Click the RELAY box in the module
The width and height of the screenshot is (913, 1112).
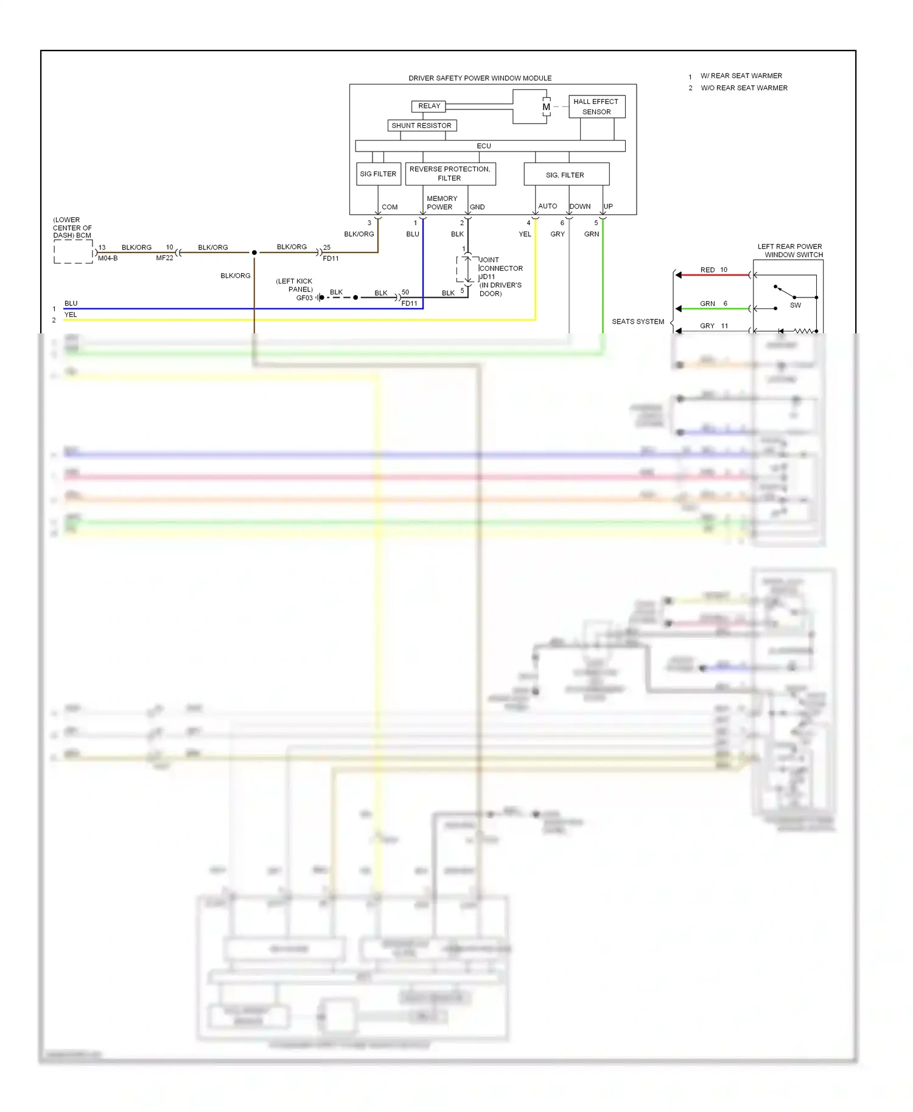[x=429, y=106]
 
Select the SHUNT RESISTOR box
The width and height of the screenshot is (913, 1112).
[x=422, y=125]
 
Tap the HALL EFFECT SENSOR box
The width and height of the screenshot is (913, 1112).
[x=596, y=106]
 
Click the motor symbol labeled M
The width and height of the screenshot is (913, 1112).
[x=546, y=107]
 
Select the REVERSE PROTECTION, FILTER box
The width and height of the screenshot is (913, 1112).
[x=450, y=173]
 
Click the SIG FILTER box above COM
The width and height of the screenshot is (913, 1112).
[x=378, y=174]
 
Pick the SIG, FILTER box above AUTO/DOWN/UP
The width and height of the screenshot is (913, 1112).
[x=566, y=174]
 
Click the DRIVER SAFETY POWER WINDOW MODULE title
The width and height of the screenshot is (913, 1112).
[x=480, y=78]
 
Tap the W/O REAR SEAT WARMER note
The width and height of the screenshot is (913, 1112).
[x=744, y=88]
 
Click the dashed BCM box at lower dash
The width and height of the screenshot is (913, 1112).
[x=73, y=251]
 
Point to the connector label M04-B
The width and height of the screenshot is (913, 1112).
[x=108, y=258]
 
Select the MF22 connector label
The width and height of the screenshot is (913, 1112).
[x=164, y=258]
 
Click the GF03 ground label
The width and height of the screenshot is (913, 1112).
[x=304, y=297]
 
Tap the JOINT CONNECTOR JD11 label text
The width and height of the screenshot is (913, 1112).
[x=500, y=268]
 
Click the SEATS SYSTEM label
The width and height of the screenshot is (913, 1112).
[x=637, y=321]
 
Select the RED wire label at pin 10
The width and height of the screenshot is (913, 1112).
[x=707, y=269]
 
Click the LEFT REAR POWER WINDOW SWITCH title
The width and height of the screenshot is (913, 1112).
[x=790, y=251]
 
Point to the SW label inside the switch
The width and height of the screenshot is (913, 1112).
[x=795, y=305]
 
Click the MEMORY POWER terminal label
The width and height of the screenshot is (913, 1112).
[x=441, y=203]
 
